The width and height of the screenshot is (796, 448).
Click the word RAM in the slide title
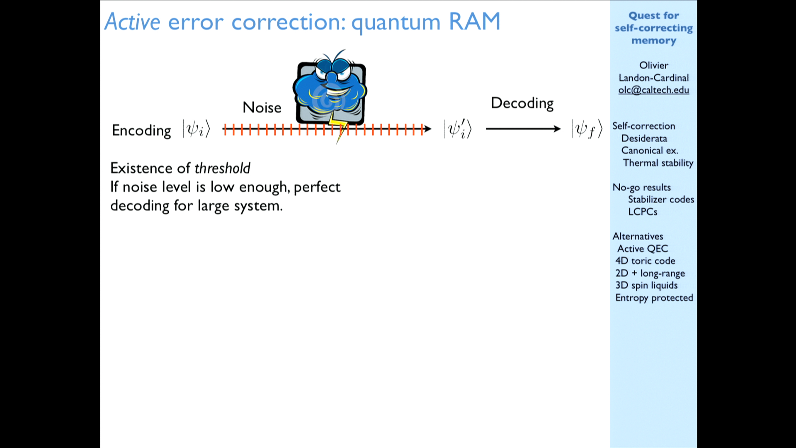475,22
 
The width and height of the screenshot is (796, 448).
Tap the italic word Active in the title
132,22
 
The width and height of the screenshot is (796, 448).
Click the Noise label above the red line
262,107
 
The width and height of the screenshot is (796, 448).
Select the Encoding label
141,130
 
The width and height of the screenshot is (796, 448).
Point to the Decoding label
522,103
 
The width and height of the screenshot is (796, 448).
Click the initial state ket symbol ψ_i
197,129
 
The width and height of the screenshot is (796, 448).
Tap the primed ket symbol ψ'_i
458,129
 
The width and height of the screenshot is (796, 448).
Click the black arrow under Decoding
523,129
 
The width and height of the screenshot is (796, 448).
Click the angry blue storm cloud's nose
331,77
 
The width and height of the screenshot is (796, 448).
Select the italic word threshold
222,168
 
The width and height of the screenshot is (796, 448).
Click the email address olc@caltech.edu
653,90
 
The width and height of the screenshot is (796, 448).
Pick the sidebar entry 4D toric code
645,261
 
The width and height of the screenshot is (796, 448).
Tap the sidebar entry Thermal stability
658,163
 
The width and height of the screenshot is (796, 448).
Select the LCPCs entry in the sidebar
643,212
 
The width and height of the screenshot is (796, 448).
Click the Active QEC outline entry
643,248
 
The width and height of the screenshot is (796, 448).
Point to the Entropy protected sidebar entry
654,298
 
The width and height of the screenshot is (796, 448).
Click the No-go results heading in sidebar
641,187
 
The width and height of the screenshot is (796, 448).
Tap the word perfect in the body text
317,187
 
